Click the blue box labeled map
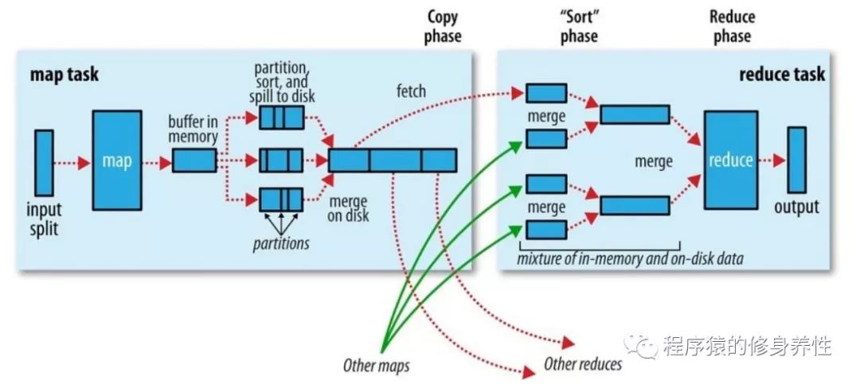[x=117, y=161]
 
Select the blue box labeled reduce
[x=730, y=161]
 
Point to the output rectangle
[x=796, y=160]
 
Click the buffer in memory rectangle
[x=194, y=161]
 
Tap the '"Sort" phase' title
[x=578, y=26]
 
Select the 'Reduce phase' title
[x=732, y=26]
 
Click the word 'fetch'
[x=411, y=91]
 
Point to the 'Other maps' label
[x=376, y=367]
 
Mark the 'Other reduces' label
[x=583, y=364]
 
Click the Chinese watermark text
[x=745, y=346]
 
